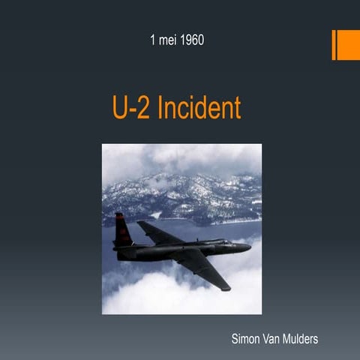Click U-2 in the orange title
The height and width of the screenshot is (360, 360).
click(x=129, y=108)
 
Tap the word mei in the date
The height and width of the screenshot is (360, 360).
click(x=166, y=38)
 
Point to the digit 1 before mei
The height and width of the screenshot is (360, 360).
click(x=153, y=38)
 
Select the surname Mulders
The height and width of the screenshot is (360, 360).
click(x=295, y=339)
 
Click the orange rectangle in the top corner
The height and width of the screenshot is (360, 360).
click(x=345, y=45)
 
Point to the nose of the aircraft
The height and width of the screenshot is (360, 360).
click(x=248, y=246)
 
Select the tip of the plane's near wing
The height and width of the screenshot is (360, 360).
click(x=226, y=287)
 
